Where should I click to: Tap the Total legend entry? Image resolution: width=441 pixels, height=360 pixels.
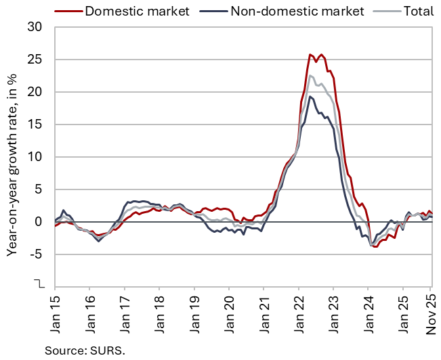(409, 11)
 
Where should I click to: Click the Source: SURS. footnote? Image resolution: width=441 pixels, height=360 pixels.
(85, 349)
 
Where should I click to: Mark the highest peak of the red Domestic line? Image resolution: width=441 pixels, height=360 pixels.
(310, 54)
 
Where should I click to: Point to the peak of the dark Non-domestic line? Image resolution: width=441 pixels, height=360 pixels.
(310, 96)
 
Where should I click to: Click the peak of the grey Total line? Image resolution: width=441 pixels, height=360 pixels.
(311, 75)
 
